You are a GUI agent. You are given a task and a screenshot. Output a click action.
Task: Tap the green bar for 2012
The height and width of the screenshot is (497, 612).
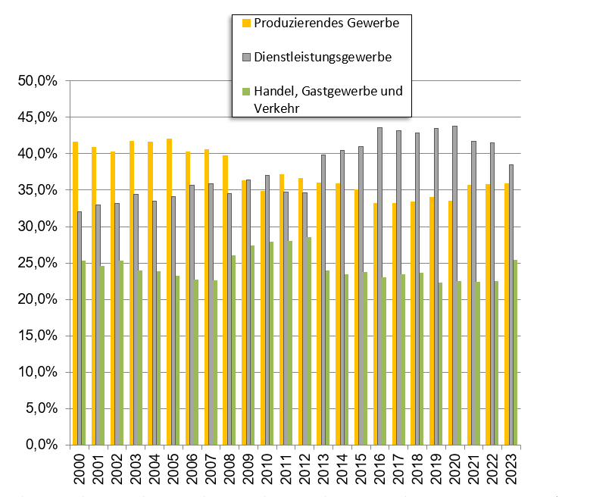309,341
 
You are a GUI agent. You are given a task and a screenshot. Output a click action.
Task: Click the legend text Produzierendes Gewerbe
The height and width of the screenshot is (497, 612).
326,23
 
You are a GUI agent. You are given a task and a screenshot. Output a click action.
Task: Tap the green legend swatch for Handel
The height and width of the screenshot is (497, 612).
245,92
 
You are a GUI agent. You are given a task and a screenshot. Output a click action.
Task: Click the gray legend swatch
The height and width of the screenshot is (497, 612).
245,58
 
